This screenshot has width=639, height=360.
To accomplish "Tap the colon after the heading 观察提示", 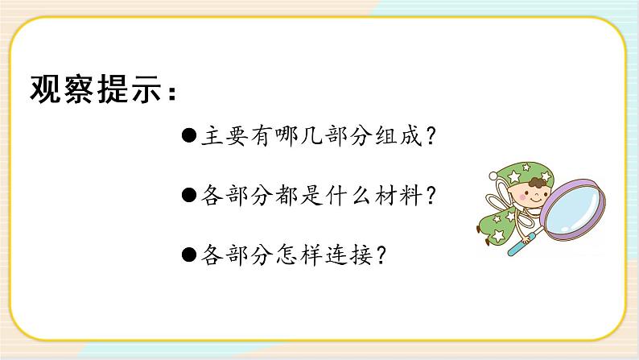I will (168, 95).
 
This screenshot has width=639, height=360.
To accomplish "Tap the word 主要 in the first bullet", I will (221, 137).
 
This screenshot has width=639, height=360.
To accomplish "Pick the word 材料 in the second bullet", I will (410, 196).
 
